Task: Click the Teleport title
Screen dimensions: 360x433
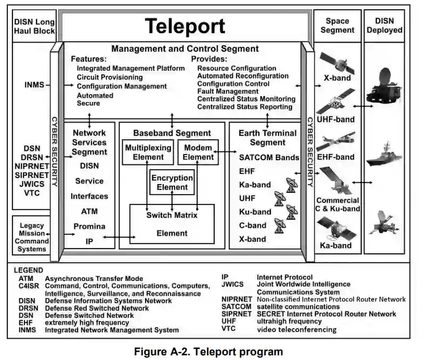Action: coord(185,26)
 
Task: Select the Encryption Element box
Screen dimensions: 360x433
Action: coord(172,182)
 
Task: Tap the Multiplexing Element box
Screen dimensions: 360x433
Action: coord(148,152)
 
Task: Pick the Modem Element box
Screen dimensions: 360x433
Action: coord(199,152)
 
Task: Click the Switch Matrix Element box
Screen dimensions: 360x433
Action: coord(172,224)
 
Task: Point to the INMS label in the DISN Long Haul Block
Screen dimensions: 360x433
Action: coord(34,84)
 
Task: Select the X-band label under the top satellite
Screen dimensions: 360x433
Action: coord(337,78)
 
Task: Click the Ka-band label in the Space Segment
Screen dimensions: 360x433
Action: coord(336,246)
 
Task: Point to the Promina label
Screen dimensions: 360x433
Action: coord(89,226)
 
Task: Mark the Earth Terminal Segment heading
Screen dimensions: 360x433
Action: coord(268,138)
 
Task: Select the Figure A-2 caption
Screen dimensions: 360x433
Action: coord(209,352)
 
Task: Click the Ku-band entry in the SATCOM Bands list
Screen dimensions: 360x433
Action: coord(255,212)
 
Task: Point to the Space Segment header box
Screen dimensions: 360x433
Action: coord(337,25)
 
